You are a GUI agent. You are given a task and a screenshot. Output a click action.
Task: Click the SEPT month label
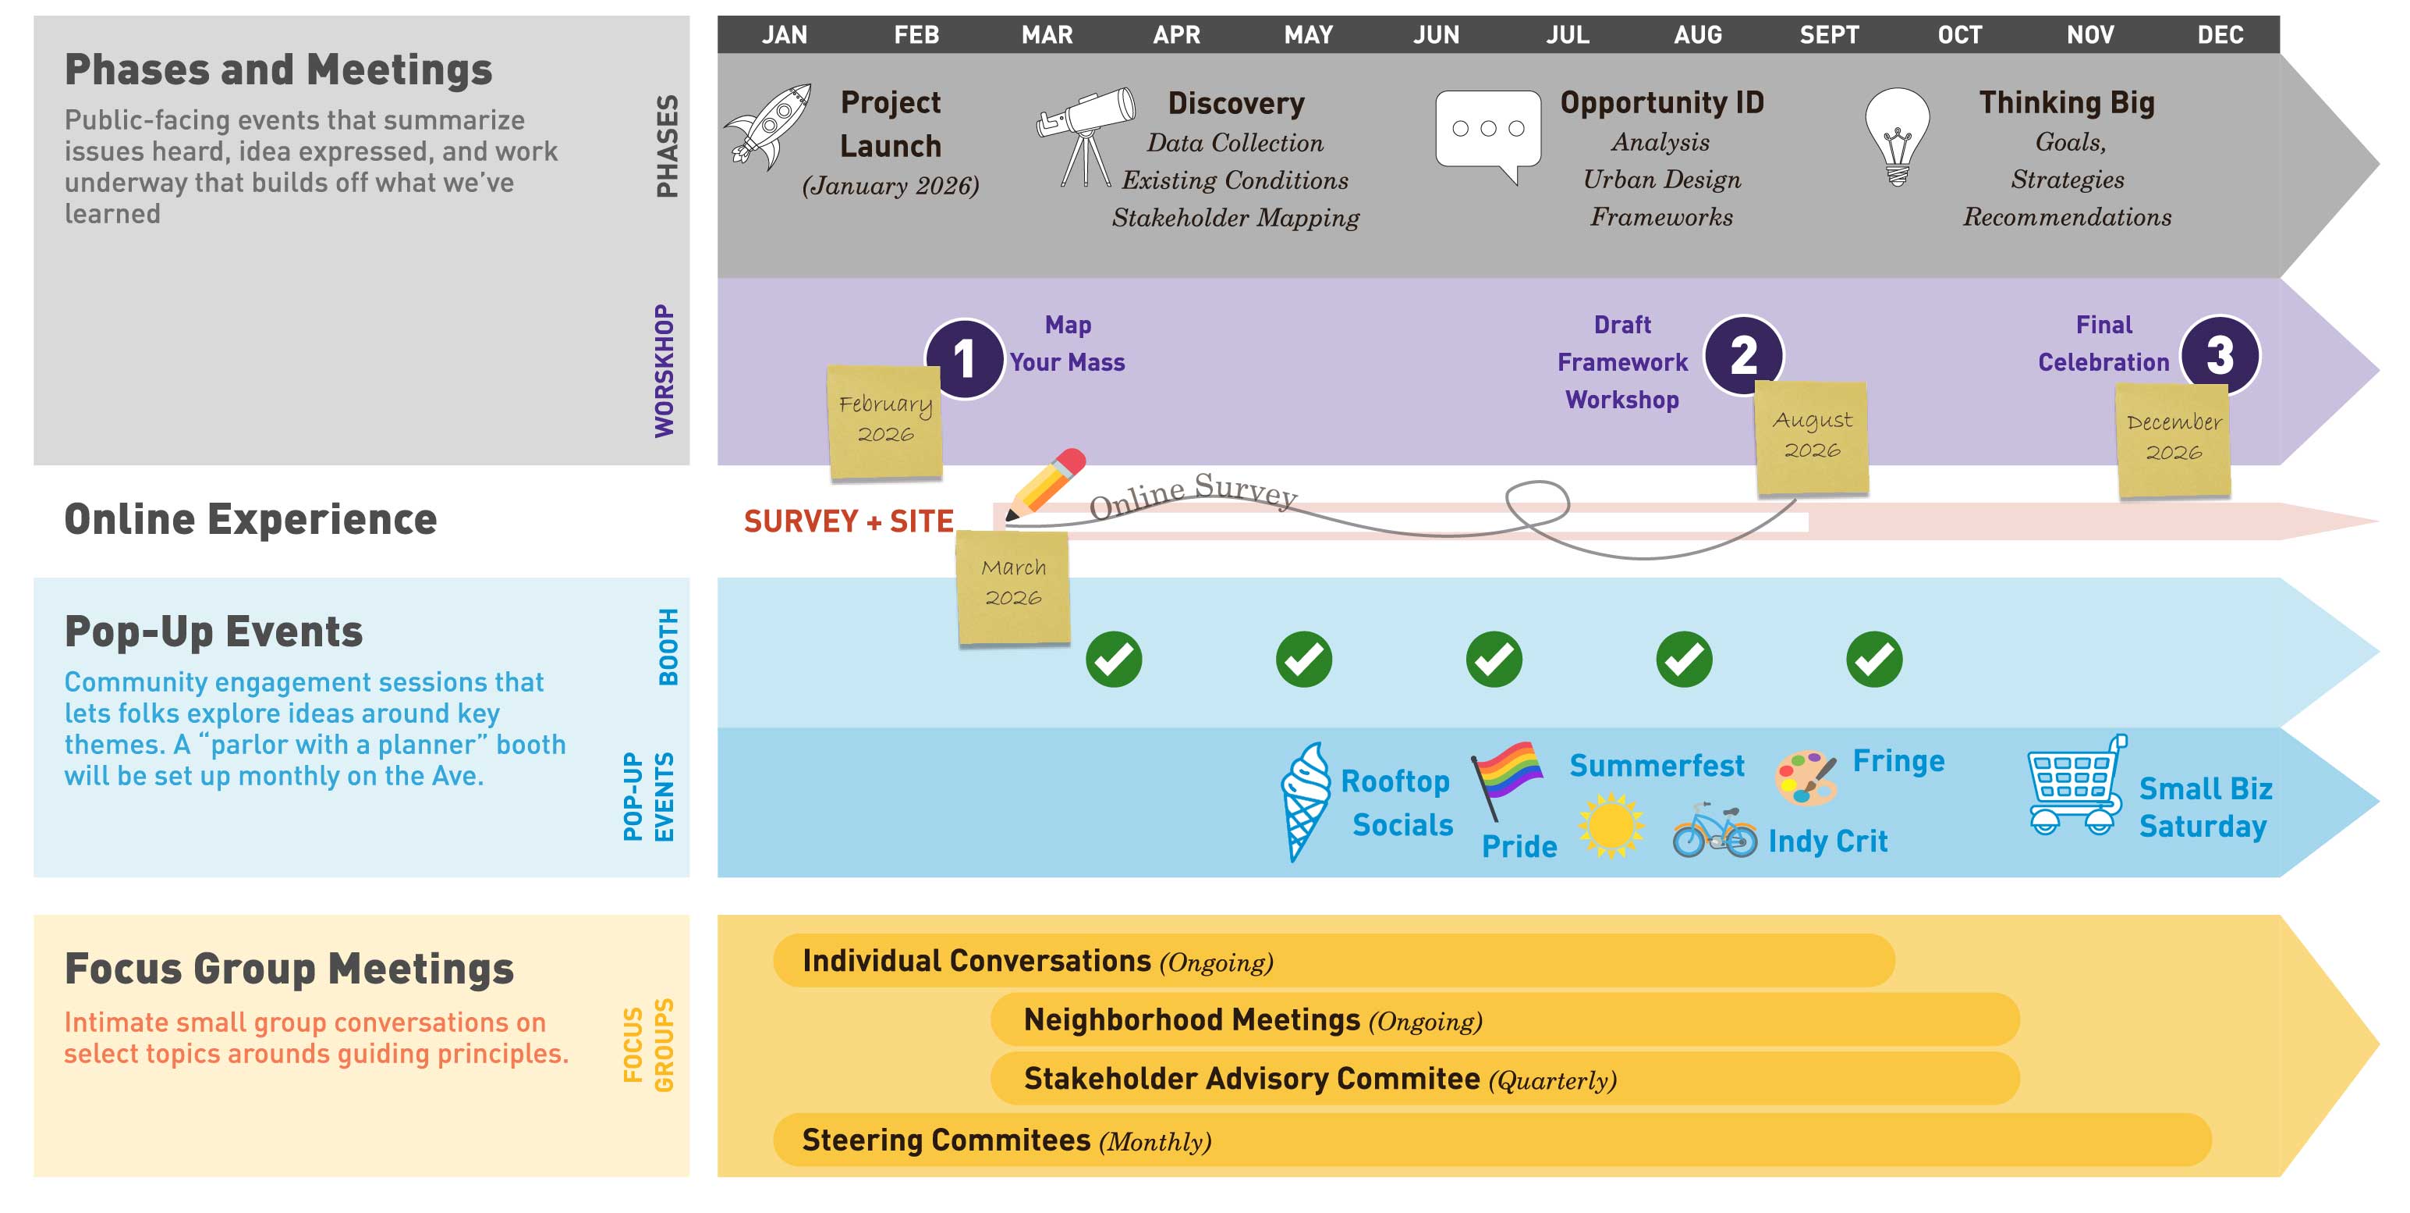point(1829,34)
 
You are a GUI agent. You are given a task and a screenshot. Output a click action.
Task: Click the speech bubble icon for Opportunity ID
point(1487,133)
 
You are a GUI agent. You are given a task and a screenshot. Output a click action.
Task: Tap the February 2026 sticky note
point(885,422)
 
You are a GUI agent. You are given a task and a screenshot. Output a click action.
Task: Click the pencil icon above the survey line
point(1046,483)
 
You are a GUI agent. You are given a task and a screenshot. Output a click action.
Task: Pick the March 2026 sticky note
point(1013,586)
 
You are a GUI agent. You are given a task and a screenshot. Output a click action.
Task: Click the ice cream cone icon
point(1304,799)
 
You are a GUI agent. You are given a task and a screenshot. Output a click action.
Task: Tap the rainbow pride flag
point(1505,777)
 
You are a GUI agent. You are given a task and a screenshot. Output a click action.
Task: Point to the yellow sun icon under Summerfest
point(1610,824)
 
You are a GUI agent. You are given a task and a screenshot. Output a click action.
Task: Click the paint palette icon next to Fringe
point(1806,777)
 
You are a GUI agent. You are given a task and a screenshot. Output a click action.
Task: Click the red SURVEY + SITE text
point(848,521)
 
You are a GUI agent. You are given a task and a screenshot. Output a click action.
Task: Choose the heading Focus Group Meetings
point(289,969)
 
